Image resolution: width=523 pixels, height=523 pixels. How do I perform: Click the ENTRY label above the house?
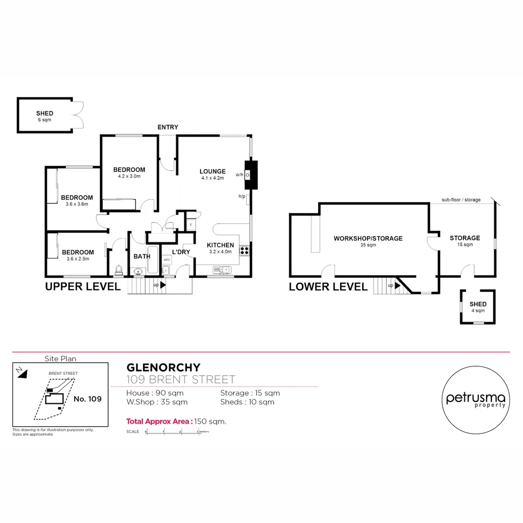point(168,127)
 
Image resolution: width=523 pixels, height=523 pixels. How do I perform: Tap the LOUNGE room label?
point(213,171)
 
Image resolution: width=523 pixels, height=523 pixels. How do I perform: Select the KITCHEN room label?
point(220,246)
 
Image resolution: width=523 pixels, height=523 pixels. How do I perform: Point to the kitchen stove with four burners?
point(245,251)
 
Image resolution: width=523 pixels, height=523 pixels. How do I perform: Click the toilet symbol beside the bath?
point(118,269)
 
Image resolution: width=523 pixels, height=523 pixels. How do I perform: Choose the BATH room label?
point(142,257)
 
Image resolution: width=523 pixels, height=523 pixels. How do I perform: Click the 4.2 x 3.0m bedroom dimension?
point(129,176)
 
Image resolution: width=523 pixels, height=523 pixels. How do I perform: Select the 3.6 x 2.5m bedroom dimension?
point(77,259)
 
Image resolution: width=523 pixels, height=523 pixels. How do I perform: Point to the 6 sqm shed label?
point(45,120)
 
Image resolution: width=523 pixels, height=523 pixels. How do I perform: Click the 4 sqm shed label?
point(477,310)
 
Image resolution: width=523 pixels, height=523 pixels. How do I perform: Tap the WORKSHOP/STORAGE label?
point(368,238)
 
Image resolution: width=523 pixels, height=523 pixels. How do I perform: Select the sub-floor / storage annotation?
point(461,200)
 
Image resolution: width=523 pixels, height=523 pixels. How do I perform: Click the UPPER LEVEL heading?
point(82,287)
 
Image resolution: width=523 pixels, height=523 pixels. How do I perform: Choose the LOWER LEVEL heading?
point(328,287)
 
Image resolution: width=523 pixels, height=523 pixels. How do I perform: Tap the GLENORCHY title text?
point(163,368)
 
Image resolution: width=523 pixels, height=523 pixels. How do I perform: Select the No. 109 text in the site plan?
point(88,399)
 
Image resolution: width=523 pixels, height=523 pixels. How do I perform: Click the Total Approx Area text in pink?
point(159,421)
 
